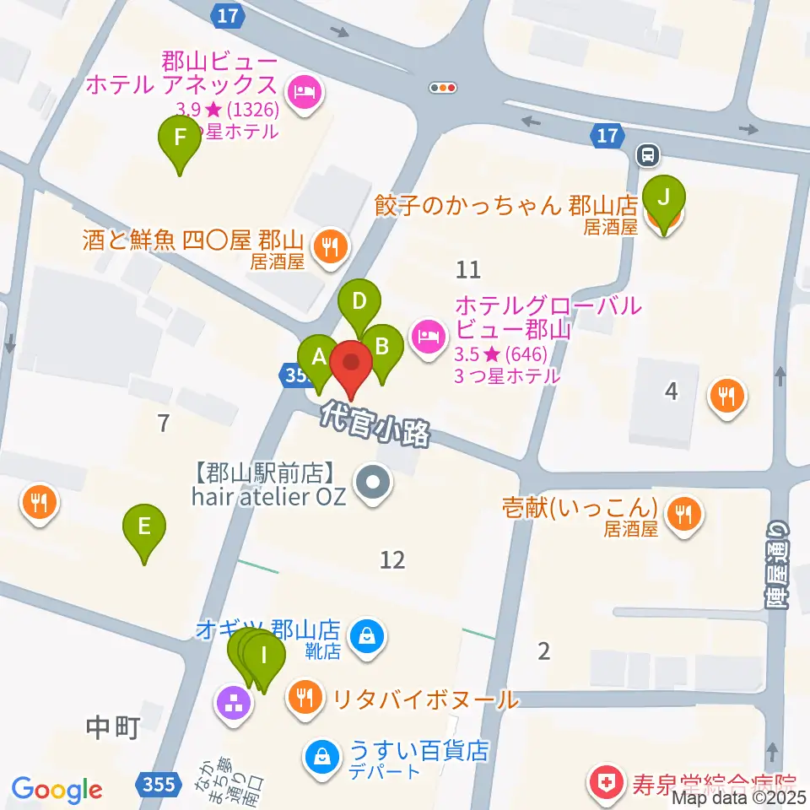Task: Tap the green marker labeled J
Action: [x=664, y=199]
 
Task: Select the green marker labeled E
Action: [x=144, y=528]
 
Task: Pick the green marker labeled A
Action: [x=319, y=358]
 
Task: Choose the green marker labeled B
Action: [x=381, y=347]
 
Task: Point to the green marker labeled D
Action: [x=359, y=302]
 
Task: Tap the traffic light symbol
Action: [x=442, y=87]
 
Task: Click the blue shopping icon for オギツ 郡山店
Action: [x=368, y=634]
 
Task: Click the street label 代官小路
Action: [x=375, y=423]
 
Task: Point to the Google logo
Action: [x=57, y=789]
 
